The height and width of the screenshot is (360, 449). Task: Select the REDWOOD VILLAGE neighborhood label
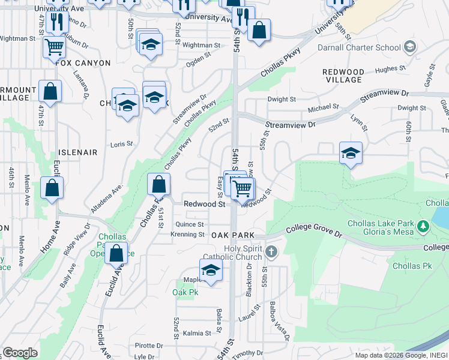click(x=343, y=76)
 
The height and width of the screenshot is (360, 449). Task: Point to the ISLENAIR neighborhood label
click(x=77, y=152)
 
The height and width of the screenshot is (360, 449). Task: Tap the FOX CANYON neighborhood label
click(x=83, y=62)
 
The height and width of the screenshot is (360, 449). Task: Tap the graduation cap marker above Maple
click(x=211, y=271)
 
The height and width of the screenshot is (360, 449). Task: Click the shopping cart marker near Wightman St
click(x=54, y=47)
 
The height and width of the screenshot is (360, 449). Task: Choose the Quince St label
click(x=189, y=224)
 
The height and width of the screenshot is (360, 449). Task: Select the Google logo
click(x=20, y=353)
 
